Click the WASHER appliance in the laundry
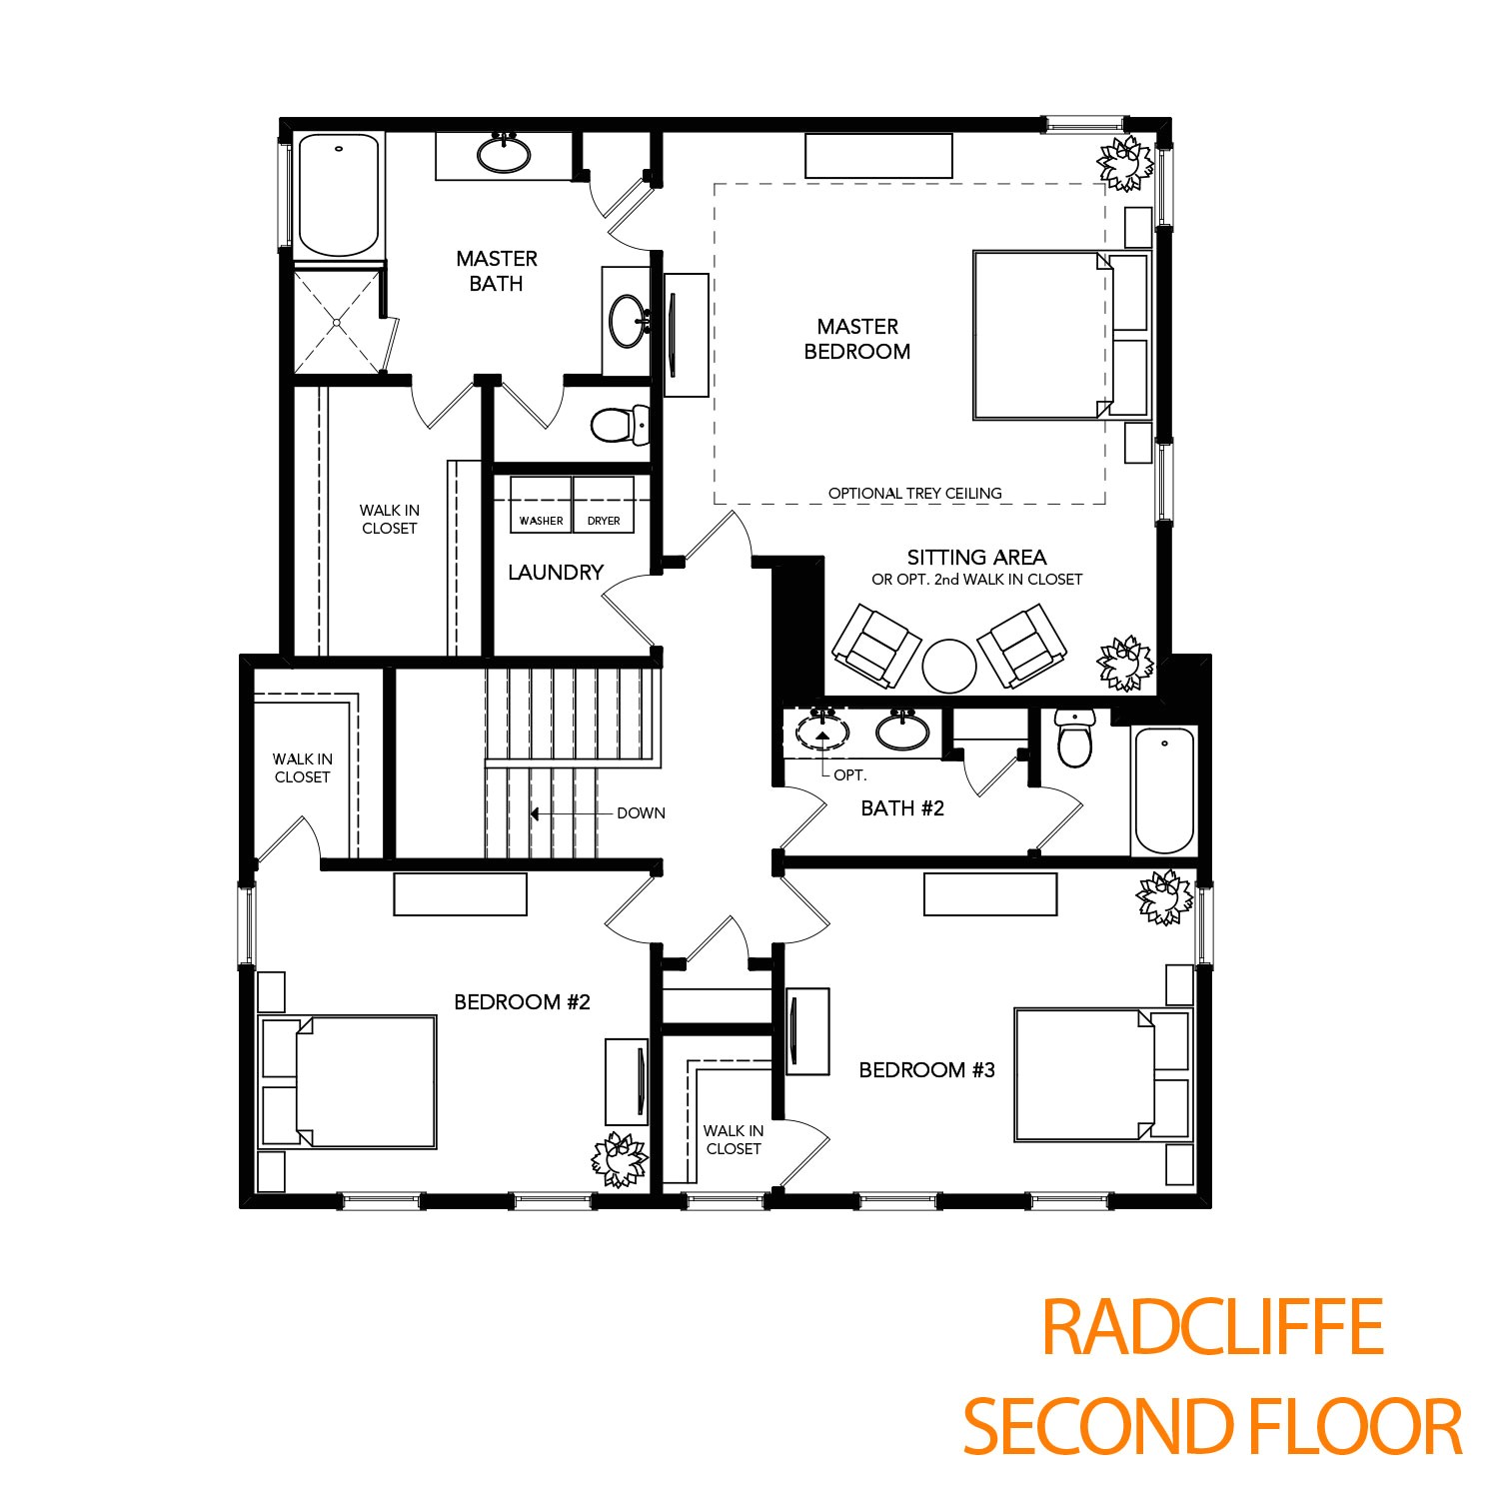[541, 505]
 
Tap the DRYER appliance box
[604, 505]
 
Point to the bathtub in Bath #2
[1164, 789]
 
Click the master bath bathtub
[340, 195]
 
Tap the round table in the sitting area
[948, 666]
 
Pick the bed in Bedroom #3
[1084, 1074]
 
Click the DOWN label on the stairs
[641, 813]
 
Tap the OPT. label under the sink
[850, 775]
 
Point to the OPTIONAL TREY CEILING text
[914, 493]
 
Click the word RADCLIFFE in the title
[1212, 1327]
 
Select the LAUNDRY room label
[556, 573]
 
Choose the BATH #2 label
[902, 808]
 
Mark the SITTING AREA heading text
[976, 558]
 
